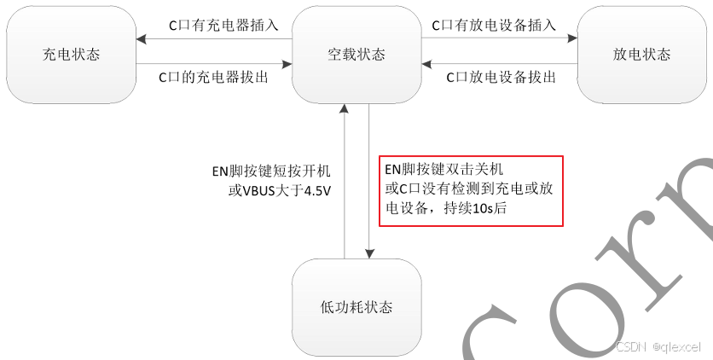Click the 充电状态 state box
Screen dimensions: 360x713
click(71, 55)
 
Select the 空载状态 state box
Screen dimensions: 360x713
click(356, 55)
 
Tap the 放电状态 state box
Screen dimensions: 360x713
click(641, 55)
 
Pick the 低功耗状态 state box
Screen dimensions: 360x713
click(356, 306)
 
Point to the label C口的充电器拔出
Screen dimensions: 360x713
click(214, 76)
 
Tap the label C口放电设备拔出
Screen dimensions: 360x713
click(502, 77)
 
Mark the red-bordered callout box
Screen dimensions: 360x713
click(471, 190)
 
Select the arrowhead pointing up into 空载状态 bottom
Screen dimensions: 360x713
click(344, 109)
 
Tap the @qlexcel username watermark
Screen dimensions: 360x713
click(675, 347)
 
